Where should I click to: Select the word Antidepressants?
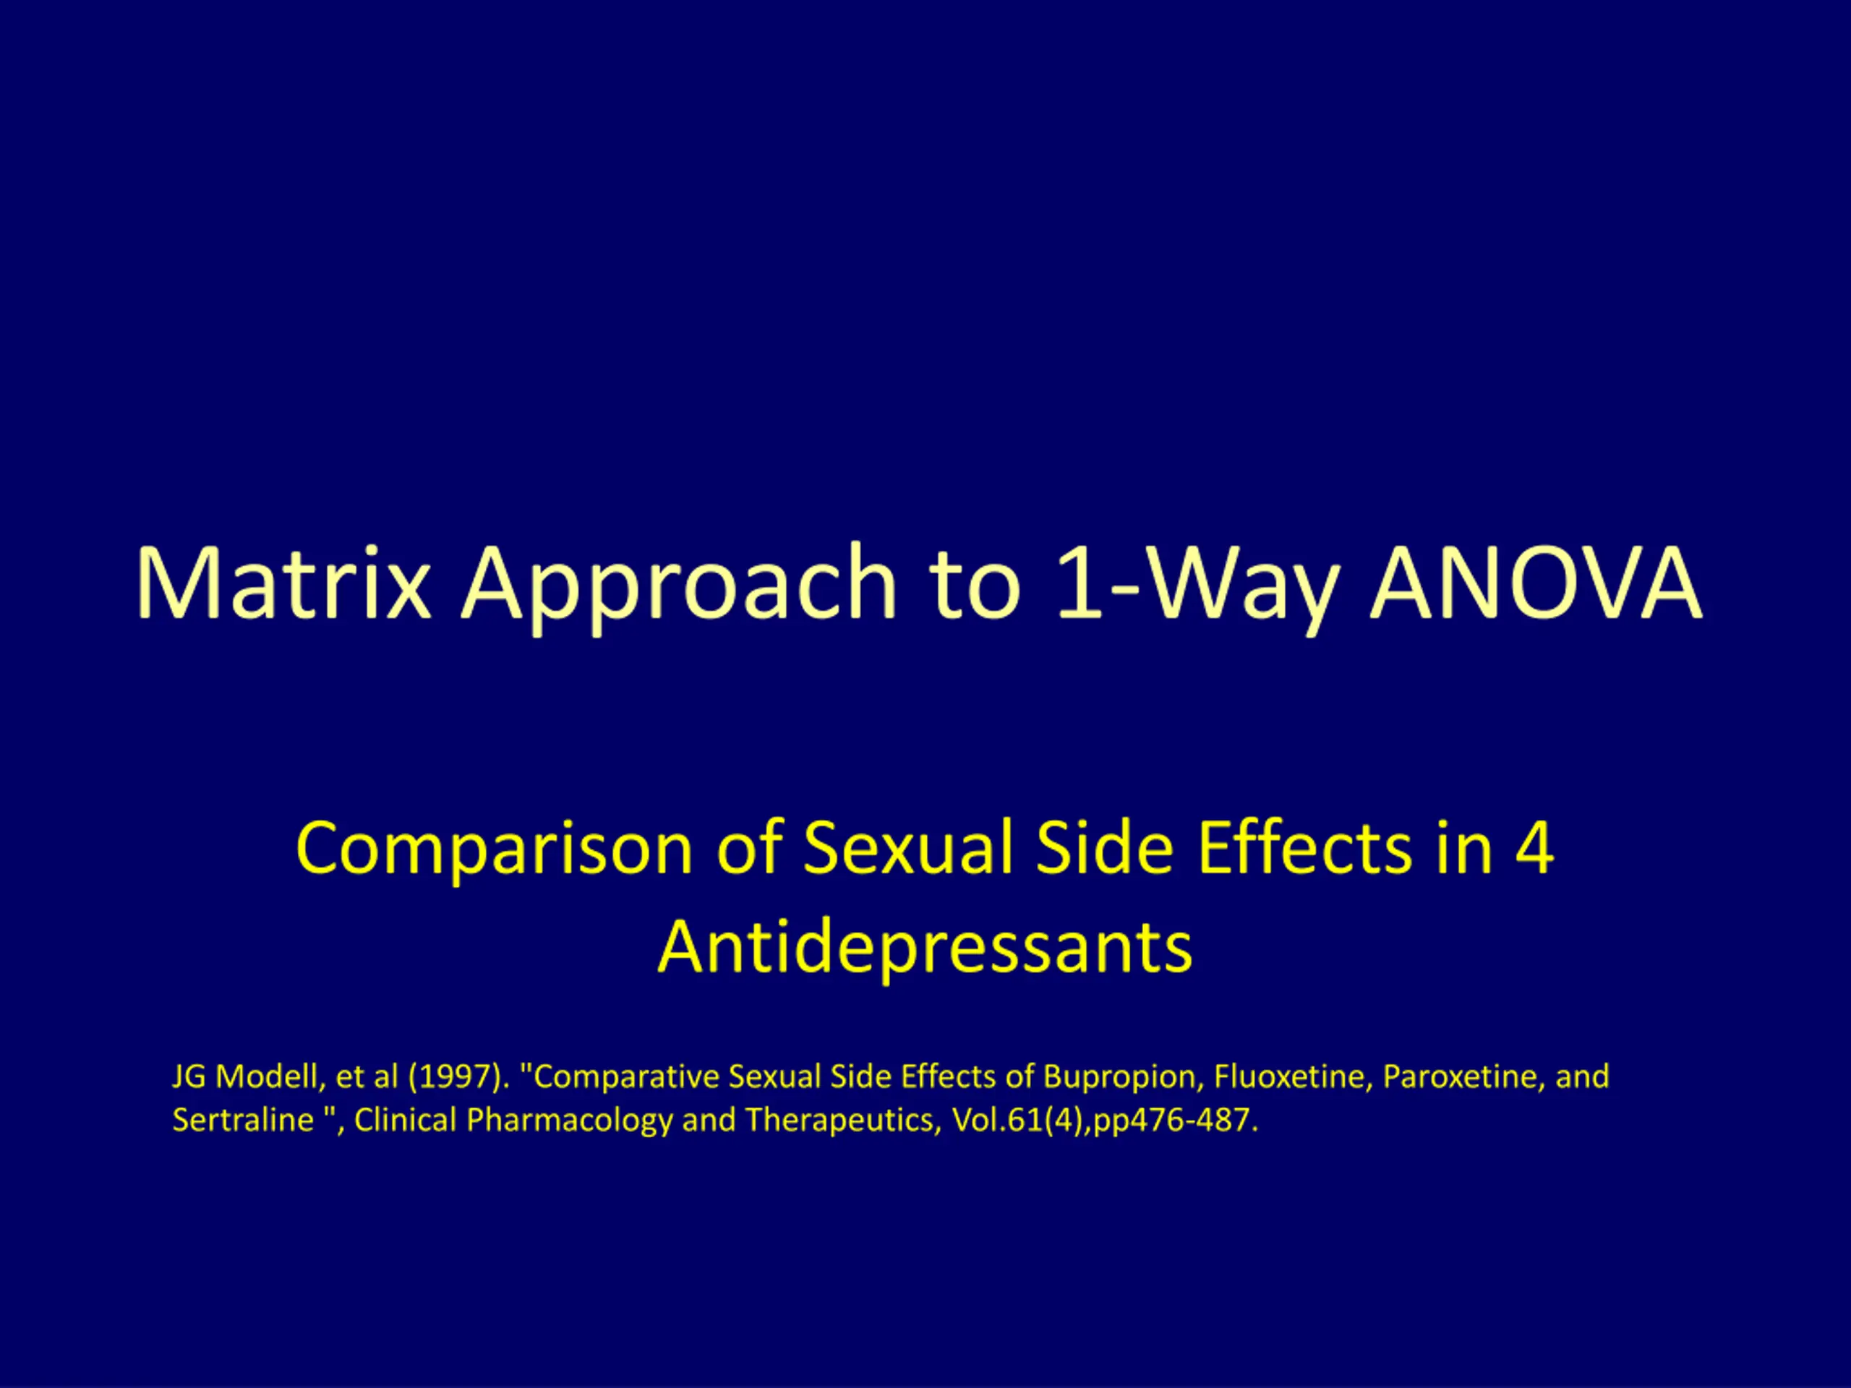925,948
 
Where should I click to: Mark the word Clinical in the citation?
405,1119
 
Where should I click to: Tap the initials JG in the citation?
189,1076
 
